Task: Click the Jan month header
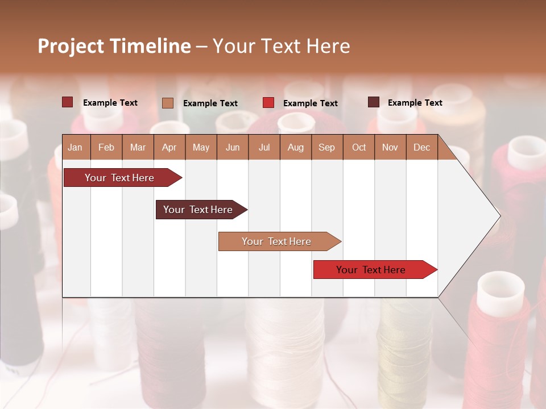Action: [x=75, y=148]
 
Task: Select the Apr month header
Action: [x=169, y=148]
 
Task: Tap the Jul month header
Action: [x=264, y=148]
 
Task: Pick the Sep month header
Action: [x=326, y=148]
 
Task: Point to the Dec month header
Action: [x=421, y=148]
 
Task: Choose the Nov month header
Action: [x=390, y=148]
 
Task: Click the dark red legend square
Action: [x=68, y=102]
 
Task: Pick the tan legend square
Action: [x=168, y=103]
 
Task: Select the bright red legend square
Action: [x=268, y=103]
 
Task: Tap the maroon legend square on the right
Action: [x=374, y=102]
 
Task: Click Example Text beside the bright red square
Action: [x=310, y=103]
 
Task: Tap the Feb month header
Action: [x=106, y=148]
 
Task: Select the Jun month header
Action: [x=233, y=148]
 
